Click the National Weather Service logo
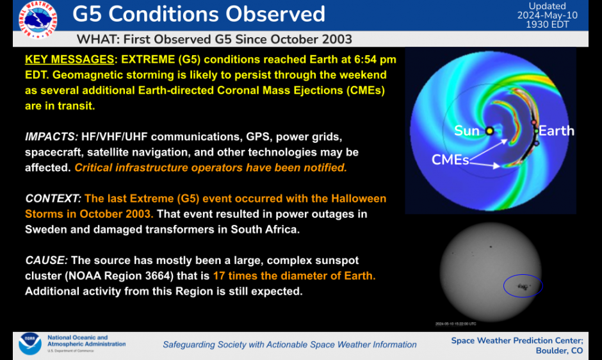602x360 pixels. coord(37,20)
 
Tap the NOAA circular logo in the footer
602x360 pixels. coord(29,343)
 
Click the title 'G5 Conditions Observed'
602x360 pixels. coord(199,14)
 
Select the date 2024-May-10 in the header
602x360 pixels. coord(547,15)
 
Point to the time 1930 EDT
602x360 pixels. coord(547,24)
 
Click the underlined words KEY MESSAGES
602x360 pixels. coord(69,60)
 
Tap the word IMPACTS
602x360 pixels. coord(51,137)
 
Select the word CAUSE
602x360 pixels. coord(46,260)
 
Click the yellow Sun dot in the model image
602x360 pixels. coord(490,131)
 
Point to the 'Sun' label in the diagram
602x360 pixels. coord(467,131)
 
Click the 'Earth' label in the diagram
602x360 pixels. coord(556,131)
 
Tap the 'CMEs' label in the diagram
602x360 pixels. coord(450,159)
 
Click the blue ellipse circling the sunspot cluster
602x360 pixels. coord(523,286)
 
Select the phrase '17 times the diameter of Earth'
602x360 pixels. coord(294,275)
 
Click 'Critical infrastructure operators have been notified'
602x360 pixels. coord(211,168)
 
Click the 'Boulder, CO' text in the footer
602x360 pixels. coord(559,350)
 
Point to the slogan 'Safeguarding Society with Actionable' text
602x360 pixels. coord(289,345)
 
